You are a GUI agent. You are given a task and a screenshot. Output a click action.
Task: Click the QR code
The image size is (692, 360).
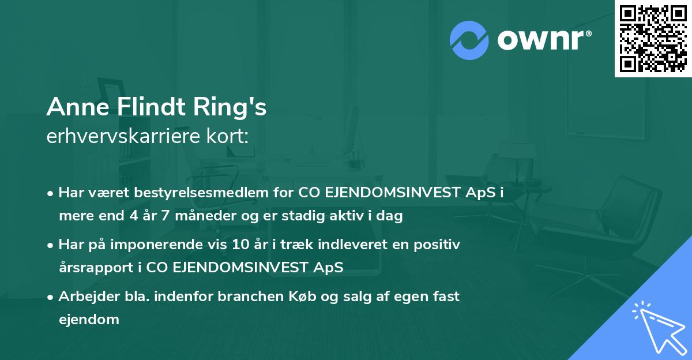click(652, 38)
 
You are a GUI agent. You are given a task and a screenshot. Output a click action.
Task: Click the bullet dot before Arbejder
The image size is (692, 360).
click(51, 297)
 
